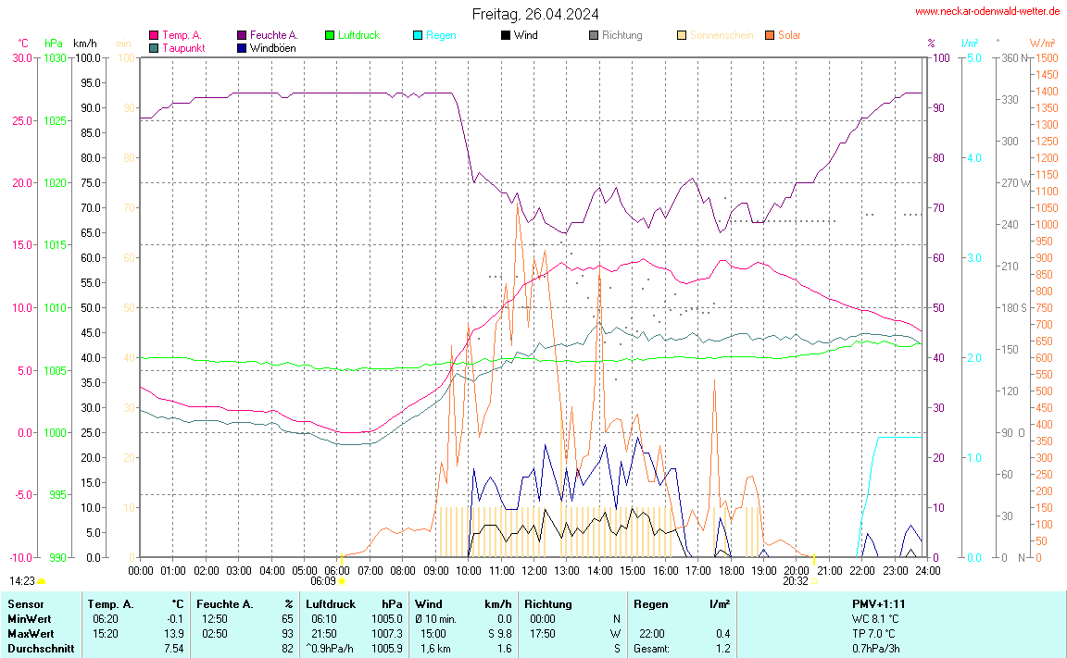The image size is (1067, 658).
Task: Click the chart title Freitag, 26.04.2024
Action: click(534, 14)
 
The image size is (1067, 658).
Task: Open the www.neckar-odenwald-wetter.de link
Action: click(987, 11)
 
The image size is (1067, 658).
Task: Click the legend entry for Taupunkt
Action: click(183, 48)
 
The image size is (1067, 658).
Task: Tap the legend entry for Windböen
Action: click(272, 48)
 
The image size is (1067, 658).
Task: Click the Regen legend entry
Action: click(441, 35)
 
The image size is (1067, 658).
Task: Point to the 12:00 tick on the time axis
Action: click(534, 571)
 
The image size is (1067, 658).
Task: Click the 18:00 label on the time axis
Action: click(732, 571)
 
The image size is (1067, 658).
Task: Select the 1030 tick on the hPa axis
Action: click(55, 58)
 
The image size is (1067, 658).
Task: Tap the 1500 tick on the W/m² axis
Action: click(1047, 58)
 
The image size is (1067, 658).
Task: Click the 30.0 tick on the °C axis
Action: click(22, 58)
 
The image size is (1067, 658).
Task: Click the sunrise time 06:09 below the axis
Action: click(322, 581)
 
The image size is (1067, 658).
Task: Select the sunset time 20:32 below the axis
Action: click(795, 581)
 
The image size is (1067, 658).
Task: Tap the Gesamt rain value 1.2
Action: click(722, 649)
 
